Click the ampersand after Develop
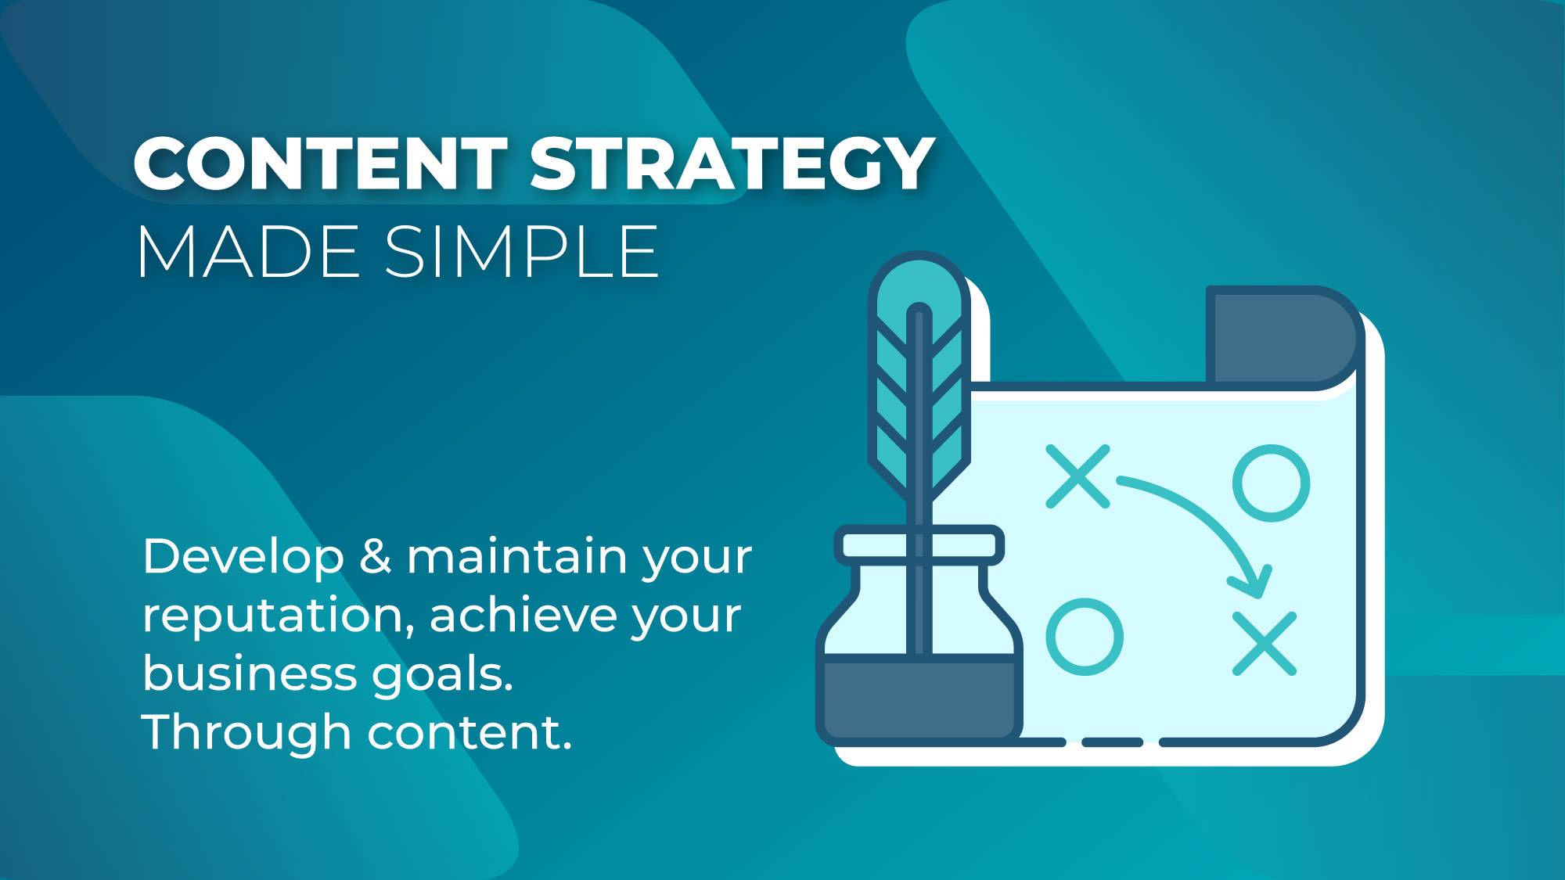(x=376, y=557)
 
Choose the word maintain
(x=517, y=557)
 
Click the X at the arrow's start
(x=1078, y=476)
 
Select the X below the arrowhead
(x=1265, y=644)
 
